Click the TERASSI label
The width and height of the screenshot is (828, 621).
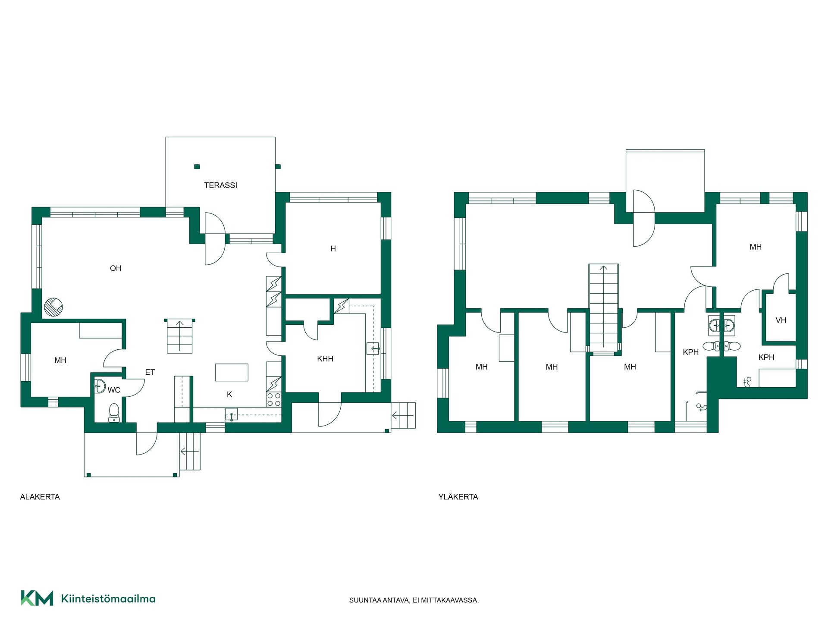point(220,185)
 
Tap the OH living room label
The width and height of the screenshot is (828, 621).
point(116,268)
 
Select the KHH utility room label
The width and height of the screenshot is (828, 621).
point(325,359)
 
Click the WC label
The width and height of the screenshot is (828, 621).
point(114,390)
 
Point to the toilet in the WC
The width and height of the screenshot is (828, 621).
point(114,412)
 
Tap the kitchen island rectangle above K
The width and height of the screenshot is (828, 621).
point(232,373)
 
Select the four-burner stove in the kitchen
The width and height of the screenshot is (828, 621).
point(274,399)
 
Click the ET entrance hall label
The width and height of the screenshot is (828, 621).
point(150,372)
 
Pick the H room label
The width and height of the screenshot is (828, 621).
point(333,249)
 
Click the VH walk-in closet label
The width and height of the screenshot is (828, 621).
point(781,320)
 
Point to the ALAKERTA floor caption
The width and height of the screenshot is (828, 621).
point(40,497)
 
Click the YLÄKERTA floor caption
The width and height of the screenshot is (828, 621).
point(458,497)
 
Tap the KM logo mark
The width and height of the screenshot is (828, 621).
point(37,598)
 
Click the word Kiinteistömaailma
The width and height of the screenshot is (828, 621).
point(108,599)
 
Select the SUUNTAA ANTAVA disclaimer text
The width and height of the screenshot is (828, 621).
point(414,600)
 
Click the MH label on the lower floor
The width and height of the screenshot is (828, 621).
point(60,360)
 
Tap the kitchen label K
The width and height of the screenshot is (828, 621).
point(229,394)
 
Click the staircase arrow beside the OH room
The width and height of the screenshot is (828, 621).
point(180,336)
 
